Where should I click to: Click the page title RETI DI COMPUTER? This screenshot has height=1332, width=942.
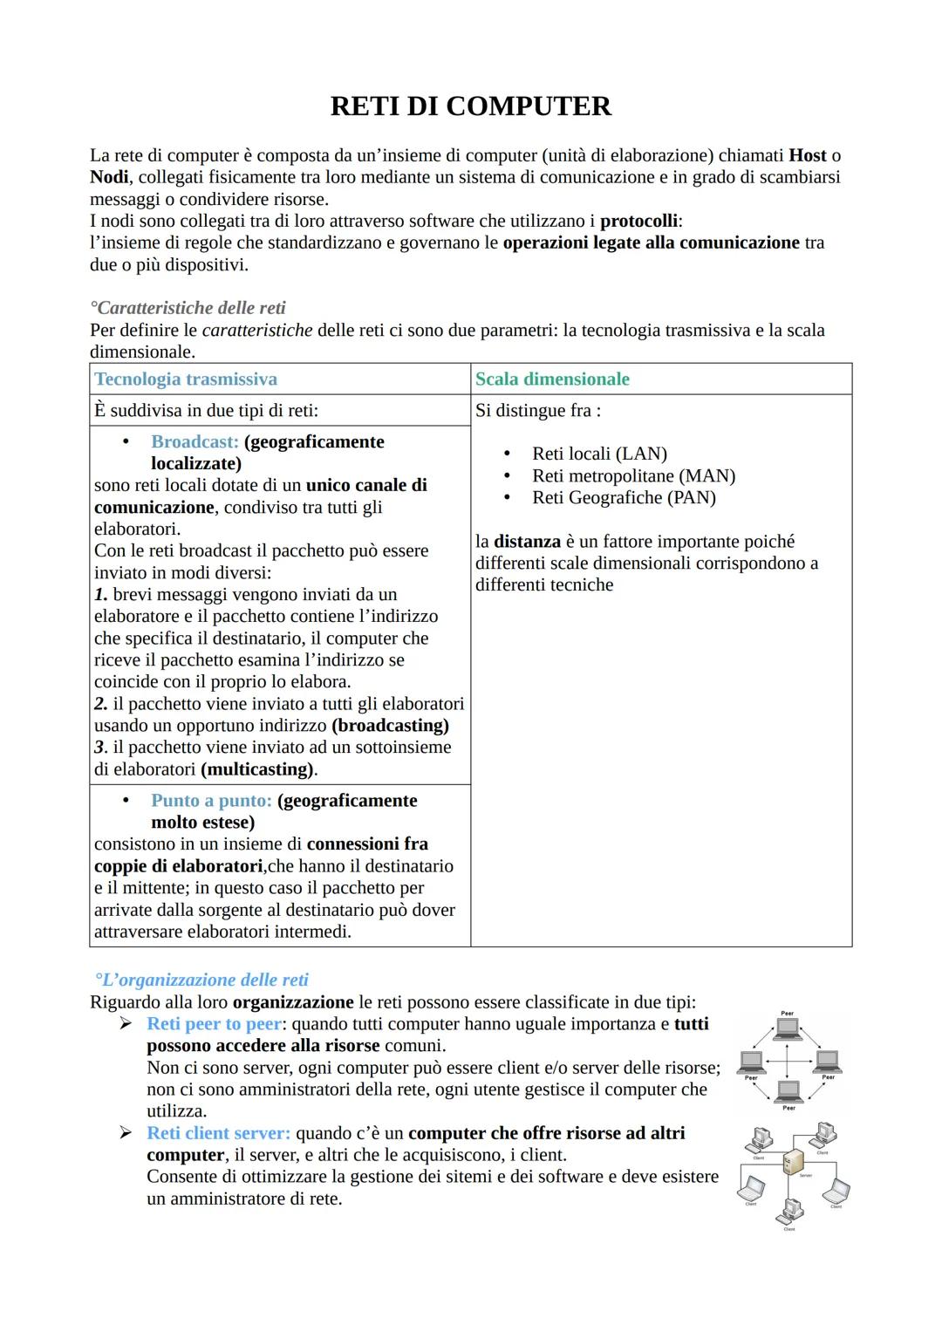click(x=470, y=106)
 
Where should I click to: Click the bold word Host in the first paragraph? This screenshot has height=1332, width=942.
click(x=807, y=155)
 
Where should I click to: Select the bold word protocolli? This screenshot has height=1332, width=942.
click(x=638, y=221)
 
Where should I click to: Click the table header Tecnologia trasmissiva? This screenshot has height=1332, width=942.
click(x=186, y=379)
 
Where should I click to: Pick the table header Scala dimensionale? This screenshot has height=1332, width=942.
click(x=552, y=379)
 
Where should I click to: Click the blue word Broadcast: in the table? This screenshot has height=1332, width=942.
click(x=195, y=442)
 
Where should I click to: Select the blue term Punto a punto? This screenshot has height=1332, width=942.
click(x=211, y=801)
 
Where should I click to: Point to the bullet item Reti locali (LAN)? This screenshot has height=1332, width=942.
click(x=599, y=454)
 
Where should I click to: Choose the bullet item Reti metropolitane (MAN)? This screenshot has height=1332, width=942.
click(x=633, y=475)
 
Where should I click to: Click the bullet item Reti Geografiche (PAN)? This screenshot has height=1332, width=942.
click(x=624, y=497)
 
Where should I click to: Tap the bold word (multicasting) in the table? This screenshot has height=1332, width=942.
click(x=257, y=769)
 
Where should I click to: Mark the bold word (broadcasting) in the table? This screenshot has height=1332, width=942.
click(x=390, y=726)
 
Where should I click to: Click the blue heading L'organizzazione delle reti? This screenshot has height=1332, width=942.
click(x=202, y=980)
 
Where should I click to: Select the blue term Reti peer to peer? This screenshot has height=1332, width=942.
click(x=214, y=1024)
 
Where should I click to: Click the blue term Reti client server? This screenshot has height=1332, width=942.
click(x=218, y=1133)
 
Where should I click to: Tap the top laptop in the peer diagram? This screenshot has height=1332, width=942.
click(x=788, y=1028)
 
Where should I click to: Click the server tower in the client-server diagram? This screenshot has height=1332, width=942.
click(x=794, y=1162)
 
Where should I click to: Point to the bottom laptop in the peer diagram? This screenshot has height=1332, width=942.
click(x=788, y=1090)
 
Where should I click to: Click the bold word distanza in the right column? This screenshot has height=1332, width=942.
click(x=527, y=542)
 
